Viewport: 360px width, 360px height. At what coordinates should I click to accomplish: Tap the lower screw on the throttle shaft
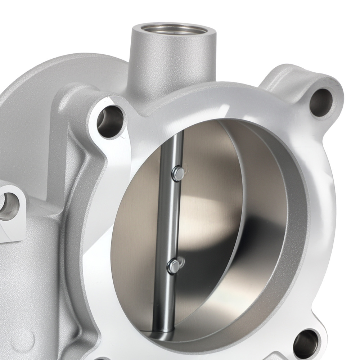(x=174, y=266)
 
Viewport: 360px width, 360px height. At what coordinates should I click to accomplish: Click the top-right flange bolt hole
(x=320, y=102)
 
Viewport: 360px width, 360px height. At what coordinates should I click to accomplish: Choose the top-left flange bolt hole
(x=110, y=122)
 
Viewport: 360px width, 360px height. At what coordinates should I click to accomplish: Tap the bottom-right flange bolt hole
(x=306, y=344)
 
